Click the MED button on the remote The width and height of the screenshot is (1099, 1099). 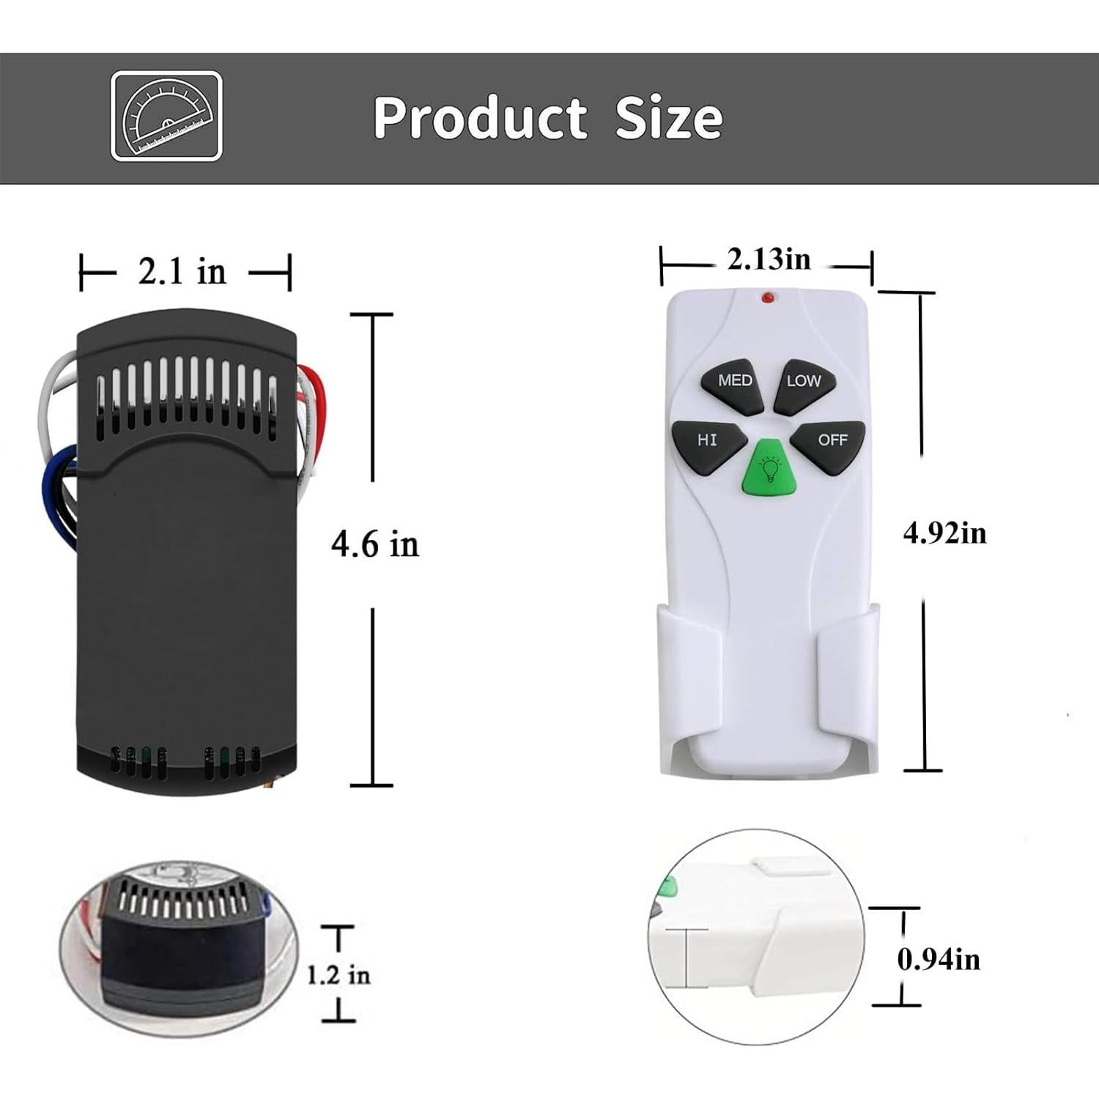(733, 381)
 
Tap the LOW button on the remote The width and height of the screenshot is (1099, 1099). (803, 381)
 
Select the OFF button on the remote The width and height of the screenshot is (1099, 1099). (831, 440)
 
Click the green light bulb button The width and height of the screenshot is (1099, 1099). (769, 469)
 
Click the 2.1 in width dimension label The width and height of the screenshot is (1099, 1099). (182, 273)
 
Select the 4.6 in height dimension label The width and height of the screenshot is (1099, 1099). (374, 544)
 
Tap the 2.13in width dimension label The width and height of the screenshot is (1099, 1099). (769, 259)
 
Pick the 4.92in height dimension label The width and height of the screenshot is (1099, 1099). (944, 533)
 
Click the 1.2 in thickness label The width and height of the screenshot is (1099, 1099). (338, 975)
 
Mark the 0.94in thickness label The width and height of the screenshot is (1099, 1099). (939, 959)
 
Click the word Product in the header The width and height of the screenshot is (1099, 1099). (480, 117)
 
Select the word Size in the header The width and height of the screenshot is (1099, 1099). (668, 117)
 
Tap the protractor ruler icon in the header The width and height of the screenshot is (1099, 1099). (166, 116)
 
